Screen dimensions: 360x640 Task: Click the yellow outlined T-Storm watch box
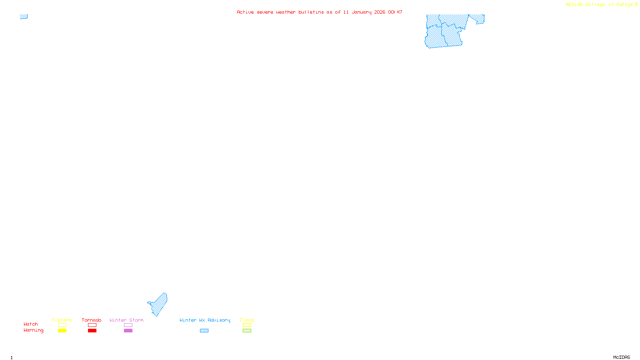(62, 325)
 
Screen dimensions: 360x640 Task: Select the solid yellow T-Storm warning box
(62, 331)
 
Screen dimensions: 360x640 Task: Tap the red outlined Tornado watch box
(92, 325)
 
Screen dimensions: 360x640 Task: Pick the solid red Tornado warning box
(92, 331)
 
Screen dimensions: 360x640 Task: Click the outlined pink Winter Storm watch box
(128, 325)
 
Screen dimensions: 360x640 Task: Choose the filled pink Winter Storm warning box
(128, 331)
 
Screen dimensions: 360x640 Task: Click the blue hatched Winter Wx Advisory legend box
(204, 331)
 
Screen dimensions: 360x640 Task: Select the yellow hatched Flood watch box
(247, 325)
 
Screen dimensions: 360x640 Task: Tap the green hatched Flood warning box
(247, 331)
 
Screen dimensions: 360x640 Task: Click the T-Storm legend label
(62, 320)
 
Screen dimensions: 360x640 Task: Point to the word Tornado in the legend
(92, 320)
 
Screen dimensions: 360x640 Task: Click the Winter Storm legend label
(126, 320)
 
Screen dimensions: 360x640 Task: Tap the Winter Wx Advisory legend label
(205, 320)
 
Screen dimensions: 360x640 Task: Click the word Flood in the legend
(247, 320)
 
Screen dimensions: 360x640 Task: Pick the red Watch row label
(31, 324)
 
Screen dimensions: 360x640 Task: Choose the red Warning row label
(33, 330)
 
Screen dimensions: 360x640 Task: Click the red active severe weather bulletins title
(319, 12)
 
